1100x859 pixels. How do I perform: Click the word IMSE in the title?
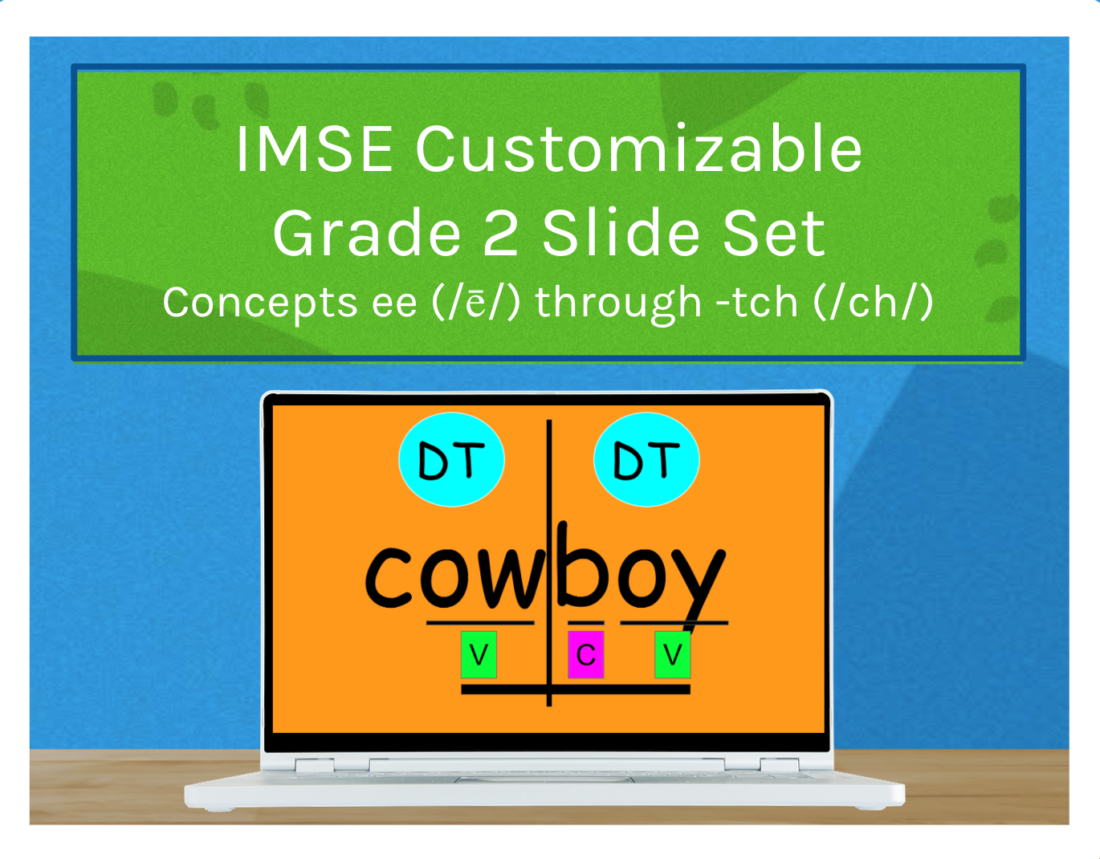(314, 149)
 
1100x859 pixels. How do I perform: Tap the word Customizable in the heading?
(638, 149)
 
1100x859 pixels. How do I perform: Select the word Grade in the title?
(367, 234)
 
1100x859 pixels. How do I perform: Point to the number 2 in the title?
(500, 234)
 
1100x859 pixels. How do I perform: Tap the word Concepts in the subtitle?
(259, 303)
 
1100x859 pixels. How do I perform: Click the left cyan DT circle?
(451, 460)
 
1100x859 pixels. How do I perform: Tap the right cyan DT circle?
(646, 460)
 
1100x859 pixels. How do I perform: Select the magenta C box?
(585, 655)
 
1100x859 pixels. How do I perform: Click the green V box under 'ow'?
(479, 655)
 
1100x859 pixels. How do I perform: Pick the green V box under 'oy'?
(673, 655)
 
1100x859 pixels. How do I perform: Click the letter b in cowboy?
(581, 566)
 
